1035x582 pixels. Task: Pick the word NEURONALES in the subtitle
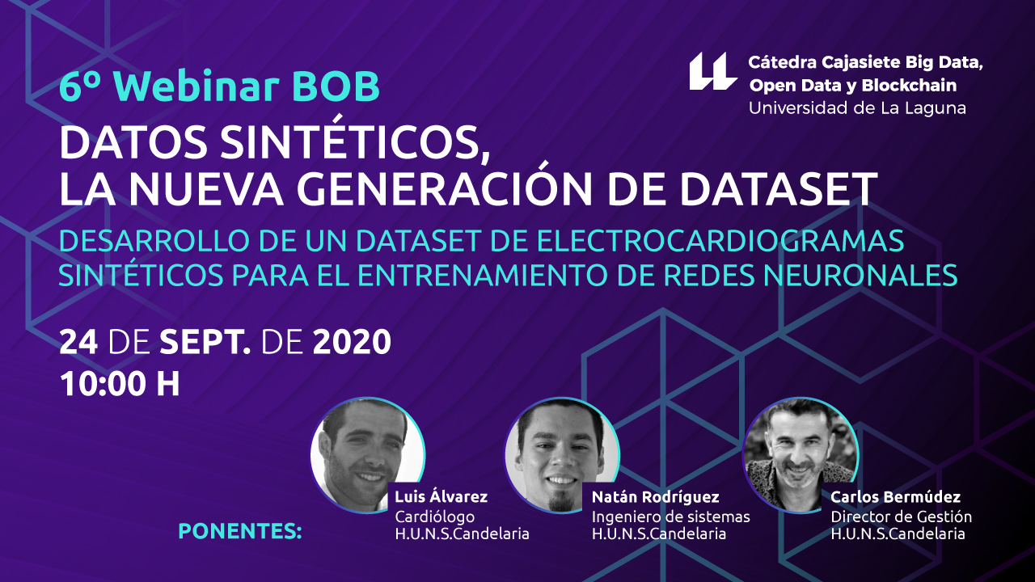click(860, 276)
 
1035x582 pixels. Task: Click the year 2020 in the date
click(352, 342)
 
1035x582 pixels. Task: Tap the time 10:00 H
click(120, 384)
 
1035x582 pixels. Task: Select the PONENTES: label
click(240, 531)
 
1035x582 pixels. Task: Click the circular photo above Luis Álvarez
click(367, 454)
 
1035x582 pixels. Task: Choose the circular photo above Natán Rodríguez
click(561, 454)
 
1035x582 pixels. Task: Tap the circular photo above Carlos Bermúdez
click(801, 454)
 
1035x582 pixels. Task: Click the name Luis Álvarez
click(441, 496)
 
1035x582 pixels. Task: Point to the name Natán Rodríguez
click(655, 497)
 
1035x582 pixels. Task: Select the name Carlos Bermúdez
click(895, 497)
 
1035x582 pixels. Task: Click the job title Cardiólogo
click(434, 517)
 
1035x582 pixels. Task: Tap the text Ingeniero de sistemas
click(671, 517)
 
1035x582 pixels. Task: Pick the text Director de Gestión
click(901, 517)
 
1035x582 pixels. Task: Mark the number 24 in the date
click(78, 342)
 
